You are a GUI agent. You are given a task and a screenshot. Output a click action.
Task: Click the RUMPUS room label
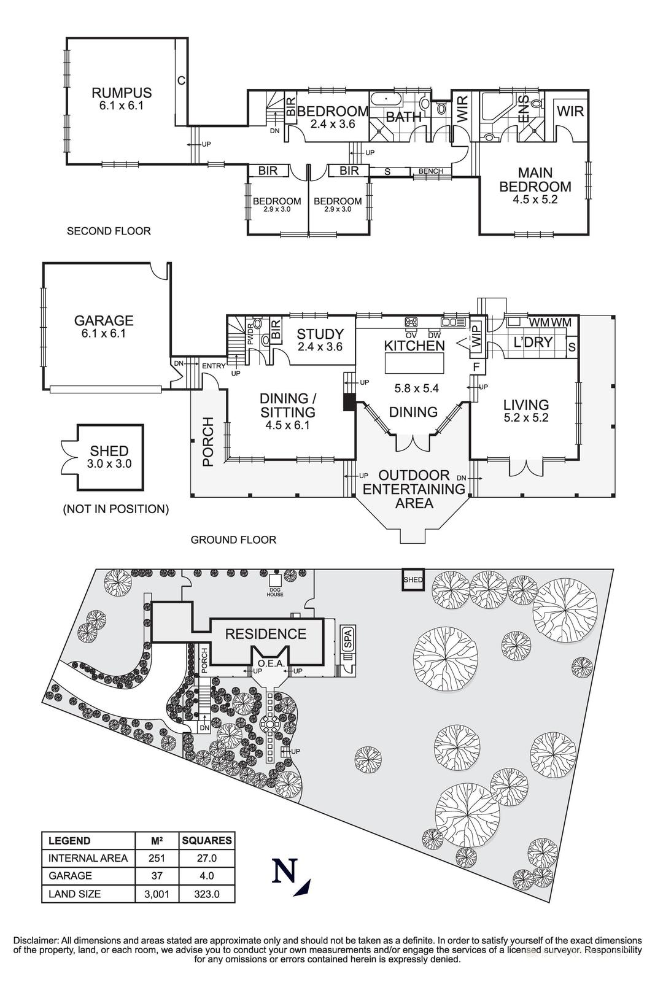pyautogui.click(x=122, y=93)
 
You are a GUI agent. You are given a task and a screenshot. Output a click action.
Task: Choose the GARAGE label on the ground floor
pyautogui.click(x=104, y=320)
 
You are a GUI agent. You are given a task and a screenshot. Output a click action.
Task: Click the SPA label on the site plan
pyautogui.click(x=347, y=639)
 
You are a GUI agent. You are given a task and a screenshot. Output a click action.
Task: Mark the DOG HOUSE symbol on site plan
pyautogui.click(x=274, y=580)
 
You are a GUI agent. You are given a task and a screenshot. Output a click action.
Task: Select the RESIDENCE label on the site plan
pyautogui.click(x=265, y=634)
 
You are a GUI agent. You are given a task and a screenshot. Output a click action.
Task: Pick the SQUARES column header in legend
pyautogui.click(x=206, y=841)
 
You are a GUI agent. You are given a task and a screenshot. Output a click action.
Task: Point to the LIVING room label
pyautogui.click(x=525, y=405)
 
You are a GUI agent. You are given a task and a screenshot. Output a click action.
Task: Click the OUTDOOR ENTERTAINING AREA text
pyautogui.click(x=414, y=489)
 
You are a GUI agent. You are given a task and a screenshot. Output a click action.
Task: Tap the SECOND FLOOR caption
pyautogui.click(x=109, y=231)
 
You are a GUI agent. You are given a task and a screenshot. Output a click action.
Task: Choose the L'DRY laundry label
pyautogui.click(x=532, y=342)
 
